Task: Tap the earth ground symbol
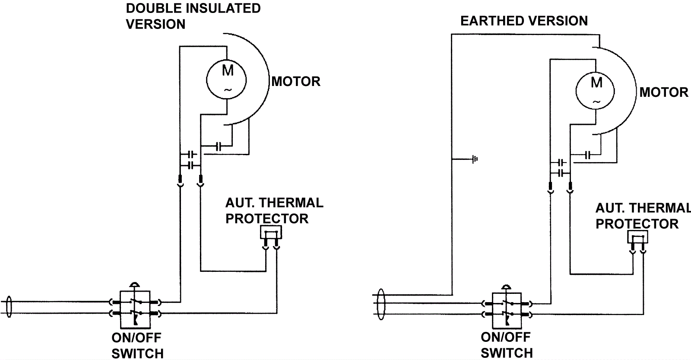(x=474, y=159)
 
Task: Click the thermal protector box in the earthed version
(x=638, y=238)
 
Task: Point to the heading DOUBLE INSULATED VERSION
(x=193, y=16)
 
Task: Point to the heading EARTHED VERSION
(x=524, y=21)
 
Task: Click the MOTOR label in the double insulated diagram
(x=296, y=81)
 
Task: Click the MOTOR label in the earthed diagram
(x=664, y=92)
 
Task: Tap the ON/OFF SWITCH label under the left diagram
(x=137, y=346)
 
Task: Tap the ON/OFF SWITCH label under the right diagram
(x=506, y=345)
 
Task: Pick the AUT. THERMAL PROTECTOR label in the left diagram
(x=274, y=210)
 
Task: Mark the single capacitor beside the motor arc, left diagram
(x=219, y=147)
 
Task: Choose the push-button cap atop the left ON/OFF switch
(x=135, y=284)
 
